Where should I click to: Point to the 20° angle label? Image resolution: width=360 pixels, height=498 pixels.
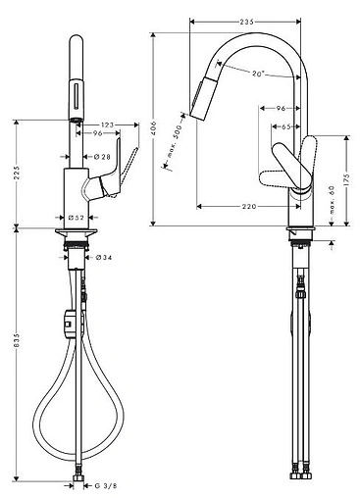pyautogui.click(x=257, y=74)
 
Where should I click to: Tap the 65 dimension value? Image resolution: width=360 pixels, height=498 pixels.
pyautogui.click(x=282, y=126)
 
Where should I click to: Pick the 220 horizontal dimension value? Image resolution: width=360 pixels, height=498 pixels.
pyautogui.click(x=250, y=206)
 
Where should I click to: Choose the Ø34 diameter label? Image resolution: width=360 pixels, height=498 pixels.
pyautogui.click(x=102, y=258)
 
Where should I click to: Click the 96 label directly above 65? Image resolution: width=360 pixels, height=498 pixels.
pyautogui.click(x=281, y=109)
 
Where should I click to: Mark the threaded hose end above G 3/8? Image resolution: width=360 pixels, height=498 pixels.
pyautogui.click(x=76, y=474)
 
